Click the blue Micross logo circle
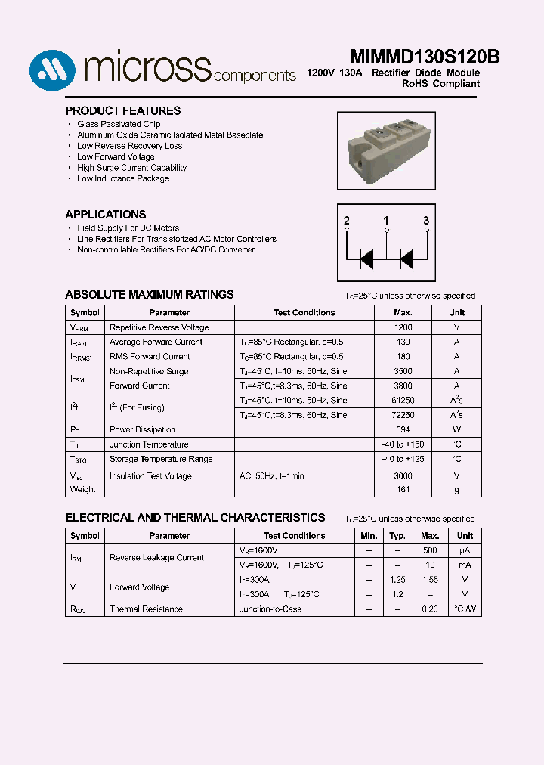[x=52, y=70]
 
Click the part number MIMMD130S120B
[x=425, y=57]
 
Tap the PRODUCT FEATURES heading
[x=122, y=110]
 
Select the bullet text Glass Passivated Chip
[x=119, y=124]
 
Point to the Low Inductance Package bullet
[x=123, y=178]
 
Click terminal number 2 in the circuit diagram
[x=347, y=221]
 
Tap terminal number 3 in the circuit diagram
[x=426, y=221]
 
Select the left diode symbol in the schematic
[x=366, y=259]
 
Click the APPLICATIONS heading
[x=106, y=214]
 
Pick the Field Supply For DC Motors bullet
[x=128, y=228]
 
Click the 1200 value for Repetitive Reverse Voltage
[x=403, y=327]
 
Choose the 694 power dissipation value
[x=403, y=429]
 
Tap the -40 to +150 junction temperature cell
[x=403, y=444]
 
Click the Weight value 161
[x=403, y=489]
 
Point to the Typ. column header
[x=397, y=535]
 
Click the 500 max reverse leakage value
[x=430, y=550]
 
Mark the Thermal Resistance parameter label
[x=146, y=609]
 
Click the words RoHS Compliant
[x=440, y=84]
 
